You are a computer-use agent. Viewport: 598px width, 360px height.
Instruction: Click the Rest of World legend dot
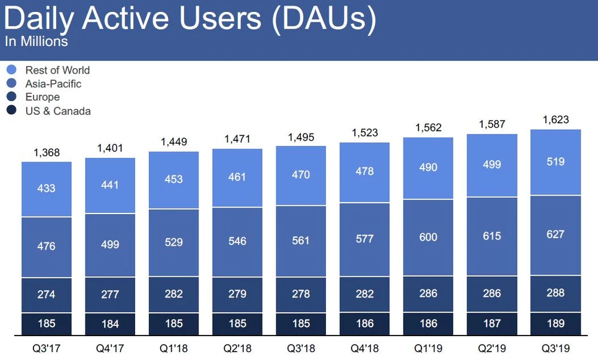(x=11, y=71)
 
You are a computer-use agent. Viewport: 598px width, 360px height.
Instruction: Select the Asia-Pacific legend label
(x=53, y=84)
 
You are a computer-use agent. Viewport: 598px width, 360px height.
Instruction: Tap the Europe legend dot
(x=11, y=97)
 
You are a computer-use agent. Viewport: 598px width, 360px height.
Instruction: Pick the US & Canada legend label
(x=58, y=111)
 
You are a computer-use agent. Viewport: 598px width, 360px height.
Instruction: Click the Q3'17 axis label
(x=47, y=346)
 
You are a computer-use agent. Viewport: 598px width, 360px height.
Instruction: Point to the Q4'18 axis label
(x=364, y=346)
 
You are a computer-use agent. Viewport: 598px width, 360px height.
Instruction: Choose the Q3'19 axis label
(x=555, y=346)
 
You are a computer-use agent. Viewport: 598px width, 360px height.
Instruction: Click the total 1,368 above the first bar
(x=47, y=152)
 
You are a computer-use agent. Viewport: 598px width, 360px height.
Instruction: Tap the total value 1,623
(x=555, y=120)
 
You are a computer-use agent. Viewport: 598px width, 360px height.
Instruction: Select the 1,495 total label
(x=301, y=137)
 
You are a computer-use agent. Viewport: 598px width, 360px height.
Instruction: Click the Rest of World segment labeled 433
(x=47, y=188)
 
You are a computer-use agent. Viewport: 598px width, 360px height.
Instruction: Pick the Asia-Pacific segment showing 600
(x=428, y=237)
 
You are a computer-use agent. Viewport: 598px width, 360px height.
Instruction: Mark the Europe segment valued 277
(x=110, y=294)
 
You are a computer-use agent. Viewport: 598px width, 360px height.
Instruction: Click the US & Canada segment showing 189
(x=555, y=323)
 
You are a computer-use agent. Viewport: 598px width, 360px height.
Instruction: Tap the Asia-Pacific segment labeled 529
(x=173, y=243)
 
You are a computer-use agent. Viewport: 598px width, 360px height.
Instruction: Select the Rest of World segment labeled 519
(x=555, y=161)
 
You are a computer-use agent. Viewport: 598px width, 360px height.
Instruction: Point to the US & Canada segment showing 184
(x=110, y=324)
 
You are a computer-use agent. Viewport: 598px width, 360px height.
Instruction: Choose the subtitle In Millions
(x=36, y=42)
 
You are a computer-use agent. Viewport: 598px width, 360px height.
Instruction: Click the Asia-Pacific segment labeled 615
(x=492, y=236)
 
